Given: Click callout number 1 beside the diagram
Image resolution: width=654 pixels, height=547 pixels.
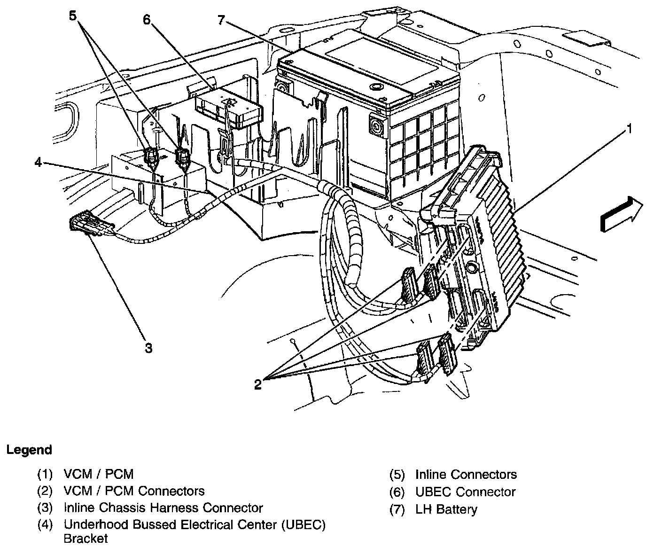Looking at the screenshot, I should pyautogui.click(x=629, y=128).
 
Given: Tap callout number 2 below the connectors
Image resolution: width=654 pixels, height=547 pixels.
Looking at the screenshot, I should pyautogui.click(x=257, y=384).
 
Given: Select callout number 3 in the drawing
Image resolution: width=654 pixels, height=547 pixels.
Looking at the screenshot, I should pyautogui.click(x=148, y=348).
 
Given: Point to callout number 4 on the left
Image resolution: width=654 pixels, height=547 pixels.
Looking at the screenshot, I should pyautogui.click(x=39, y=163).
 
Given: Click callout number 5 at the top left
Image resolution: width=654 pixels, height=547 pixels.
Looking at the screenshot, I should pyautogui.click(x=72, y=16).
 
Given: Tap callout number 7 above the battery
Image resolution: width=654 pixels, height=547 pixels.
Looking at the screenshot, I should pyautogui.click(x=222, y=20).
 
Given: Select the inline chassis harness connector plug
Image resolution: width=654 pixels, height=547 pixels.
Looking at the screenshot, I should pyautogui.click(x=91, y=224).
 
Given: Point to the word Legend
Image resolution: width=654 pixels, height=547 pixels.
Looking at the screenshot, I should pyautogui.click(x=29, y=450).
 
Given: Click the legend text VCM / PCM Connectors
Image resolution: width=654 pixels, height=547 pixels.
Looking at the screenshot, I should pyautogui.click(x=134, y=491).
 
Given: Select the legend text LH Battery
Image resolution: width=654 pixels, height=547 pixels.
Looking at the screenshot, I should pyautogui.click(x=446, y=509).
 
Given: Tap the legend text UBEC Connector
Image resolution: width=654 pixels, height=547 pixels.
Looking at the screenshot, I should pyautogui.click(x=465, y=492).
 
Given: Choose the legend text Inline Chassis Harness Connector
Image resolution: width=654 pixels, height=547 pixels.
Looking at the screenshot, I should pyautogui.click(x=163, y=508).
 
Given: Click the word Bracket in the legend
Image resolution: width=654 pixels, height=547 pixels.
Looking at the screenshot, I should pyautogui.click(x=86, y=538).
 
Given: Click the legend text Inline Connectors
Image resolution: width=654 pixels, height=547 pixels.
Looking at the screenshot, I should pyautogui.click(x=466, y=475).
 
